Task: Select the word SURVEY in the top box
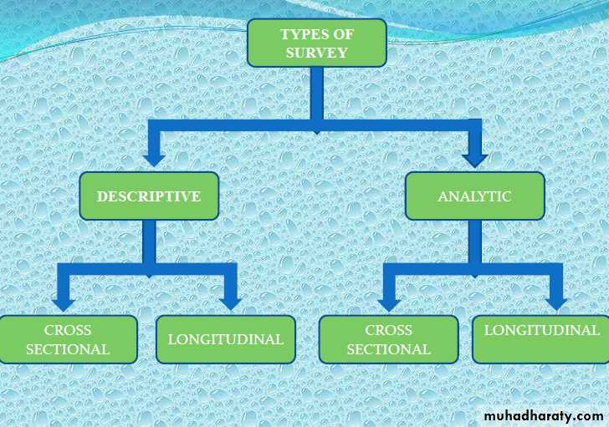[317, 53]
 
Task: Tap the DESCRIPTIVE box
[149, 196]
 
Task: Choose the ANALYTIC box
[474, 196]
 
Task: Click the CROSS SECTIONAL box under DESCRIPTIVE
[68, 339]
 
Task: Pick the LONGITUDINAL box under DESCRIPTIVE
[226, 339]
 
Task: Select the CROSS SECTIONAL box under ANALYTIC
[388, 339]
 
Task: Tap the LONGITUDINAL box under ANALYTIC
[540, 339]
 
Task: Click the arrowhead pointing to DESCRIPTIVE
[154, 160]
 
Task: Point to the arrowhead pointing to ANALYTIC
[474, 160]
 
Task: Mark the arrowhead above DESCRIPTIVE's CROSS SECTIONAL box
[64, 305]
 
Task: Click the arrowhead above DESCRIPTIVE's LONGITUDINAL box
[230, 304]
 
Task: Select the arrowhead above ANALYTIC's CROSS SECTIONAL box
[389, 305]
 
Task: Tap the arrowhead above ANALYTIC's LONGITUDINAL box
[556, 304]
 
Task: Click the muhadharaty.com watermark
[544, 416]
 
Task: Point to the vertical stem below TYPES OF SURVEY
[317, 93]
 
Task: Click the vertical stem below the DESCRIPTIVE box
[149, 241]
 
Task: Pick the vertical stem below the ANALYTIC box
[475, 241]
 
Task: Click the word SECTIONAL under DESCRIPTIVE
[68, 349]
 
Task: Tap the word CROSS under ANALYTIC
[388, 330]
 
